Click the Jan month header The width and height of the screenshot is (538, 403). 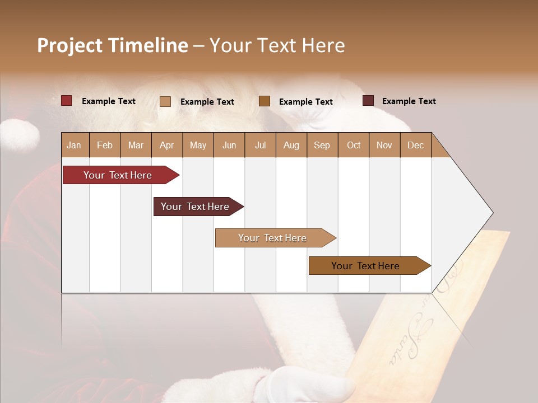(x=74, y=146)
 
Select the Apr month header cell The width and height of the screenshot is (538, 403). (x=166, y=146)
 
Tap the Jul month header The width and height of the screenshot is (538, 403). (x=260, y=146)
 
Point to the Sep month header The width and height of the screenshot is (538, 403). (x=322, y=146)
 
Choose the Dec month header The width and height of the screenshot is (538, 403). (x=415, y=146)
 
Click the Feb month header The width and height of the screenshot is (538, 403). (x=105, y=146)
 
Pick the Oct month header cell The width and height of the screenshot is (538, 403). (x=354, y=146)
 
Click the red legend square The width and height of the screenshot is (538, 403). (x=66, y=101)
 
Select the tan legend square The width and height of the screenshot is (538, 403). (x=165, y=101)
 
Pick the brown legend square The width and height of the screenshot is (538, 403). (x=265, y=101)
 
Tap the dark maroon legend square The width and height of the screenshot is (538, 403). (x=368, y=101)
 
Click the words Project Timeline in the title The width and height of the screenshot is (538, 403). (x=112, y=45)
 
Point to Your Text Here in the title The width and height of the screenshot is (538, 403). (x=277, y=45)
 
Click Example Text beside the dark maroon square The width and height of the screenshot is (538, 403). (x=409, y=101)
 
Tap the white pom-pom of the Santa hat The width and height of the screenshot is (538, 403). (x=20, y=136)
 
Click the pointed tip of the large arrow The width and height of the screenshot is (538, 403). (x=491, y=213)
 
